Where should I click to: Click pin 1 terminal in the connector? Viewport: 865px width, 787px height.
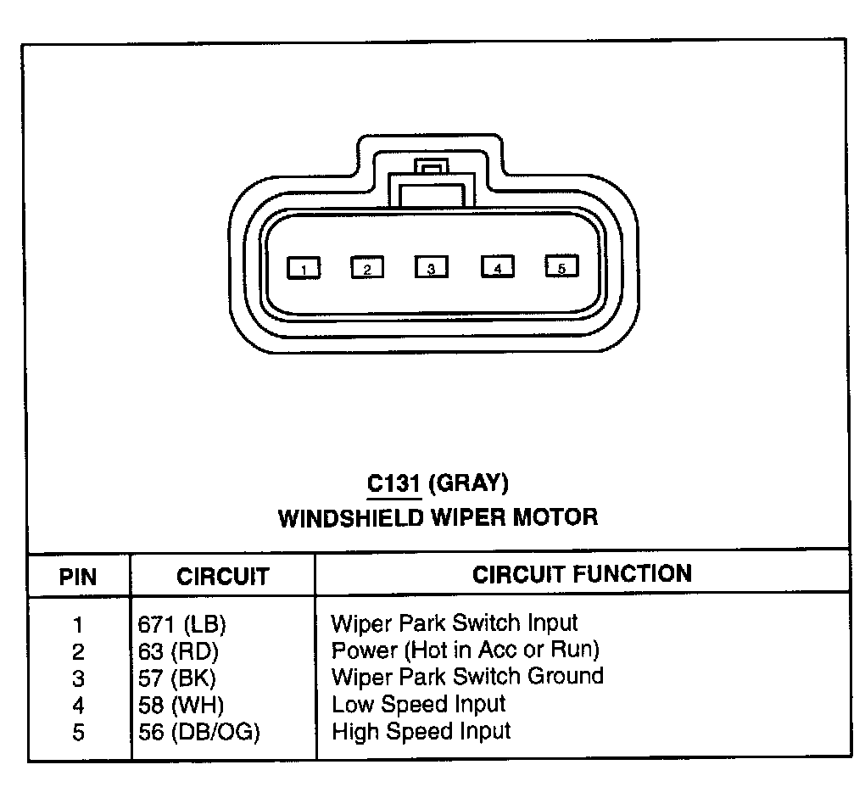coord(304,269)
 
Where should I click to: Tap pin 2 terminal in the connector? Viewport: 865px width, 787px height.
coord(367,269)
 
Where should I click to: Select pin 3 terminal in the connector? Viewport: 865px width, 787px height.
coord(431,268)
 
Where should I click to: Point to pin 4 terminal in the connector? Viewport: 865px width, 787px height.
coord(498,267)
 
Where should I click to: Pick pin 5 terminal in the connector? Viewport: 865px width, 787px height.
coord(561,266)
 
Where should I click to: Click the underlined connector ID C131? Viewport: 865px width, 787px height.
coord(393,483)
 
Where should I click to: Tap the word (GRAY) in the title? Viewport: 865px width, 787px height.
coord(469,483)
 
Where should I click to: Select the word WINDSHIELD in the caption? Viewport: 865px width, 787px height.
coord(350,516)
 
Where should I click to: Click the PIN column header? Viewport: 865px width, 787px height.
coord(78,578)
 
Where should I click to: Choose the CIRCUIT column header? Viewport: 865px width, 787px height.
coord(222,577)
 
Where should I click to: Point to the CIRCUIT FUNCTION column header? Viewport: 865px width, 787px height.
coord(582,574)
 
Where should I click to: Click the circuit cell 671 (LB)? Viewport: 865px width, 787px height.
coord(181,625)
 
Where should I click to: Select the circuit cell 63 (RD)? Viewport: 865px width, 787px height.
coord(178,651)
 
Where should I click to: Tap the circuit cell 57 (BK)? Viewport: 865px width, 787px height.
coord(177,678)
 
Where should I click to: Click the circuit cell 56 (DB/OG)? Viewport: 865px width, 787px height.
coord(199,731)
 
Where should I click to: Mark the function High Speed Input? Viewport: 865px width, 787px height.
coord(421,730)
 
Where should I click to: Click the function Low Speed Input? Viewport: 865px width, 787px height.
coord(418,704)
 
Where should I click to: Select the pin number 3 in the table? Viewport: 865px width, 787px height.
coord(78,678)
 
